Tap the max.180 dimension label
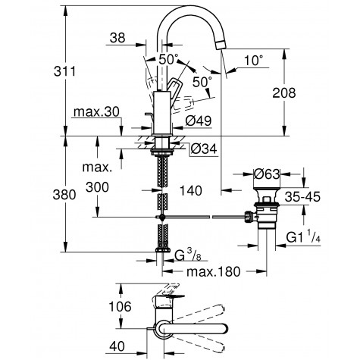point(214,271)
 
